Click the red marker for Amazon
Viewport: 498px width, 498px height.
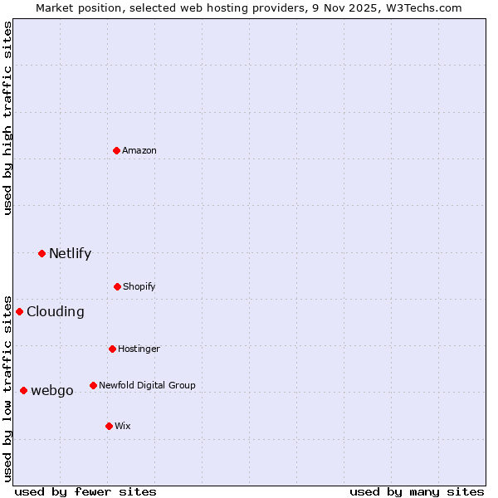(117, 150)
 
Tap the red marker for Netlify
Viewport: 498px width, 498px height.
(41, 253)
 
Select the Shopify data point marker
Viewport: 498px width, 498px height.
(117, 286)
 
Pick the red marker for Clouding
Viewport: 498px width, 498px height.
(19, 311)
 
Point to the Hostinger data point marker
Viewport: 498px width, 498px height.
(112, 349)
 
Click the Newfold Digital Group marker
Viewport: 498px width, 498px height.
(93, 385)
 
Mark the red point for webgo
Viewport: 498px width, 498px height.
(23, 390)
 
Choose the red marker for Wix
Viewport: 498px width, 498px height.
(109, 426)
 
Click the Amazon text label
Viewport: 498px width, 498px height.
(139, 150)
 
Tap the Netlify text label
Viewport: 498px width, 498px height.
(70, 253)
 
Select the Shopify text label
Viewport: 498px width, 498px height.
(139, 286)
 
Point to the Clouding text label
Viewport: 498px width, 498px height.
(56, 311)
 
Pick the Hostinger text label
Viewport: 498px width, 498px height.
(139, 349)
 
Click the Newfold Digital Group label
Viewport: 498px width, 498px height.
(147, 385)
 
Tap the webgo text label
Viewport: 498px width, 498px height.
(52, 390)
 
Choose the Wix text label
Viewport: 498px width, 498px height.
(123, 426)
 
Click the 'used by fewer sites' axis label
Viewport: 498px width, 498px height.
(85, 491)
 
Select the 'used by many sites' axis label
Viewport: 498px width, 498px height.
(417, 491)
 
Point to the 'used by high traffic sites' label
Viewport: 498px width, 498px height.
(7, 118)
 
